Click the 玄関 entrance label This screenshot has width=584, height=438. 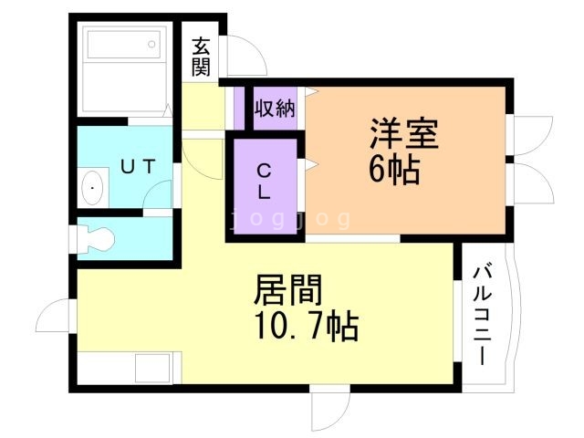pos(202,56)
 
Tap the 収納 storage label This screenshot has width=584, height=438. pos(275,108)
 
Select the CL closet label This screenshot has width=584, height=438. pos(263,181)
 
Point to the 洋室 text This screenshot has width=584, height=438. pos(404,134)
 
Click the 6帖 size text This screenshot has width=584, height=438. pos(394,170)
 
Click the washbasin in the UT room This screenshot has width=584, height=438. pos(91,189)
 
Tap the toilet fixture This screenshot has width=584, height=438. pos(95,239)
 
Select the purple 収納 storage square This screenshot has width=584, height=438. pos(275,109)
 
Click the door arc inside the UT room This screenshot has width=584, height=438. pos(160,194)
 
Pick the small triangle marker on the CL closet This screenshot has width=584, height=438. pos(311,165)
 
